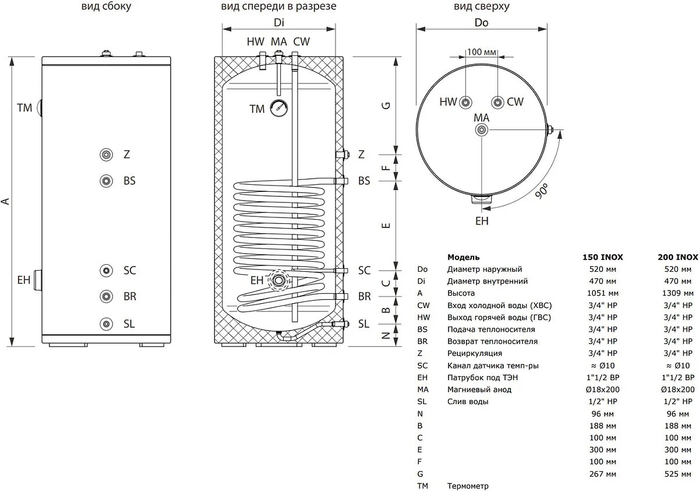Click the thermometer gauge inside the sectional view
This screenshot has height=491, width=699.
click(x=278, y=108)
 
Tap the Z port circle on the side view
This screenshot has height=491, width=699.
click(x=107, y=155)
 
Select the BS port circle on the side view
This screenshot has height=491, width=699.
click(x=107, y=180)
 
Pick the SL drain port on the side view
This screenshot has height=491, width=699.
click(x=107, y=324)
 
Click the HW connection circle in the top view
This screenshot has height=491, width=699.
click(x=466, y=102)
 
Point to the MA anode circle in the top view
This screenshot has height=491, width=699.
click(x=482, y=129)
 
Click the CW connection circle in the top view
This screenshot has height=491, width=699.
click(x=497, y=102)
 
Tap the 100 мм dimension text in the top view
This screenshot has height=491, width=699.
click(x=482, y=52)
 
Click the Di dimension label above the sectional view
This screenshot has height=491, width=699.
click(x=279, y=23)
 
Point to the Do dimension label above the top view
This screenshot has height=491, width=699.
click(x=481, y=23)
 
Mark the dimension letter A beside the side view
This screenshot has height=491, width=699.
click(x=6, y=201)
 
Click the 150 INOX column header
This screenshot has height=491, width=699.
click(x=603, y=257)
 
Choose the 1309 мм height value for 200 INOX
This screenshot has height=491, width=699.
click(x=679, y=293)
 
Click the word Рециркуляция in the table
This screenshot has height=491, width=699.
click(x=475, y=353)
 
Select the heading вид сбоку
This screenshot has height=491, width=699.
click(x=106, y=7)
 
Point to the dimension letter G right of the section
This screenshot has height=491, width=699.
click(x=386, y=106)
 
